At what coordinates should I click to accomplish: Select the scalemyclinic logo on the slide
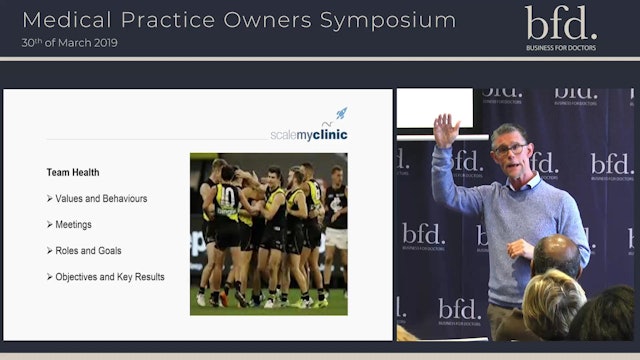pos(308,134)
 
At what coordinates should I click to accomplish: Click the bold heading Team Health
pos(73,172)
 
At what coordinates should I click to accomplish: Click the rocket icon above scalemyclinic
pos(341,114)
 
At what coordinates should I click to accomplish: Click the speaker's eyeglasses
pos(510,148)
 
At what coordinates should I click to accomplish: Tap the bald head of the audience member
pos(555,255)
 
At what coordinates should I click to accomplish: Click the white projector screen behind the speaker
pos(435,108)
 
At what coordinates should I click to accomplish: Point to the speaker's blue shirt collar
pos(524,181)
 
